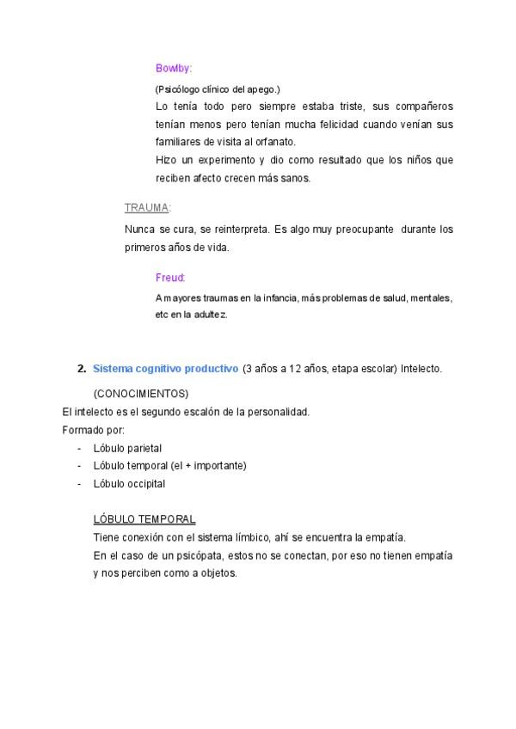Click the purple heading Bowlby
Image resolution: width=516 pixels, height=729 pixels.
[174, 68]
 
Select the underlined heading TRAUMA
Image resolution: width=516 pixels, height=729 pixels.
[147, 207]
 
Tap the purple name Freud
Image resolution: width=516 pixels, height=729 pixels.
[170, 278]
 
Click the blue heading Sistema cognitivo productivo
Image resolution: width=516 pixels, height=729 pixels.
[165, 369]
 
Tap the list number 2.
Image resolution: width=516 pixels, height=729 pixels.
[81, 369]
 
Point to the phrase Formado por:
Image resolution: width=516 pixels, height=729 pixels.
[94, 429]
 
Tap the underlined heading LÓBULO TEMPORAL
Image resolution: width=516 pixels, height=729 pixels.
[144, 519]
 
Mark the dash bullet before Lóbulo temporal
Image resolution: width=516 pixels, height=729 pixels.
[79, 465]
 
